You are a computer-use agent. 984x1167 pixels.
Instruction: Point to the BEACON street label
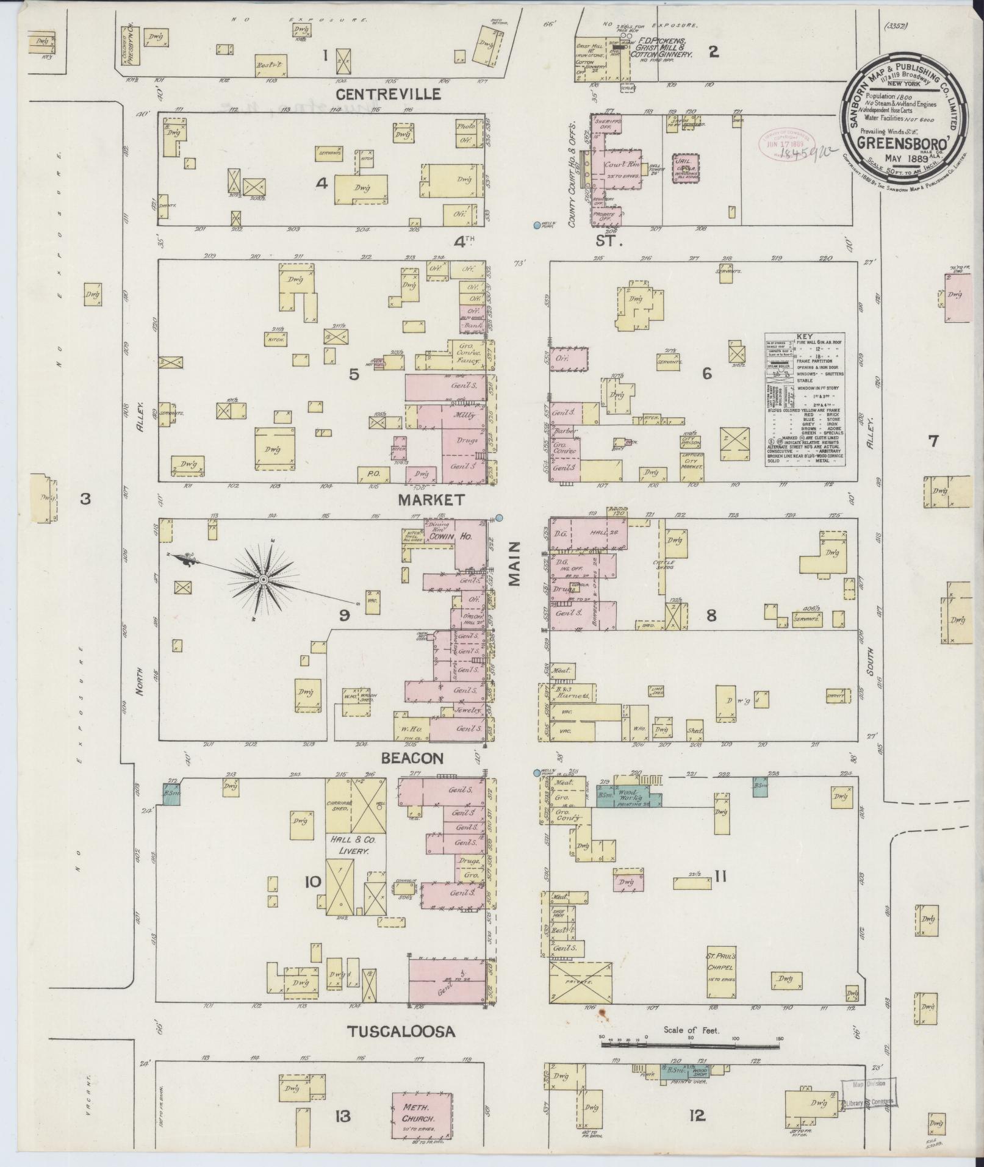tap(412, 758)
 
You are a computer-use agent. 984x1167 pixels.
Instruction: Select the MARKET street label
tap(431, 500)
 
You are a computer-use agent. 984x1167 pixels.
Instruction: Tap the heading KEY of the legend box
tap(804, 336)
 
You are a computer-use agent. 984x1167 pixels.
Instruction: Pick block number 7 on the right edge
tap(933, 440)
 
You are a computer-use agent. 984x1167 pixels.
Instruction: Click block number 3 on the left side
tap(85, 499)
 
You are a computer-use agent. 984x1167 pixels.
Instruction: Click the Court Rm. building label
tap(620, 165)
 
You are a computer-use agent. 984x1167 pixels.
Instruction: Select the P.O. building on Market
tap(373, 473)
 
